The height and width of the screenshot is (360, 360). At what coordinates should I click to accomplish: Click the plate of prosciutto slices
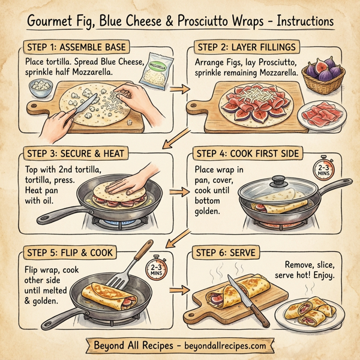pyautogui.click(x=320, y=113)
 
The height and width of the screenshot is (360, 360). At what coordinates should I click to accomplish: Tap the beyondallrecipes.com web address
pyautogui.click(x=222, y=347)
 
